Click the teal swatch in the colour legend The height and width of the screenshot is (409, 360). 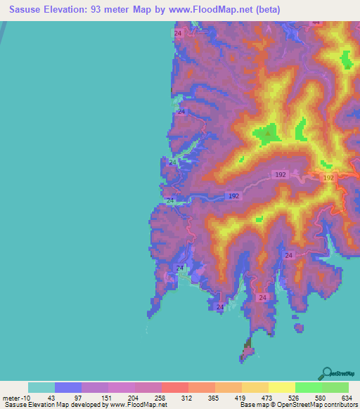click(x=41, y=387)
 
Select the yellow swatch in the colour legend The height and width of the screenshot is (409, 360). click(x=282, y=387)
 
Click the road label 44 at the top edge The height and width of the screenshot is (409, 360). click(x=316, y=22)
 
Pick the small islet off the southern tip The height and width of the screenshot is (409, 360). click(x=247, y=348)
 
